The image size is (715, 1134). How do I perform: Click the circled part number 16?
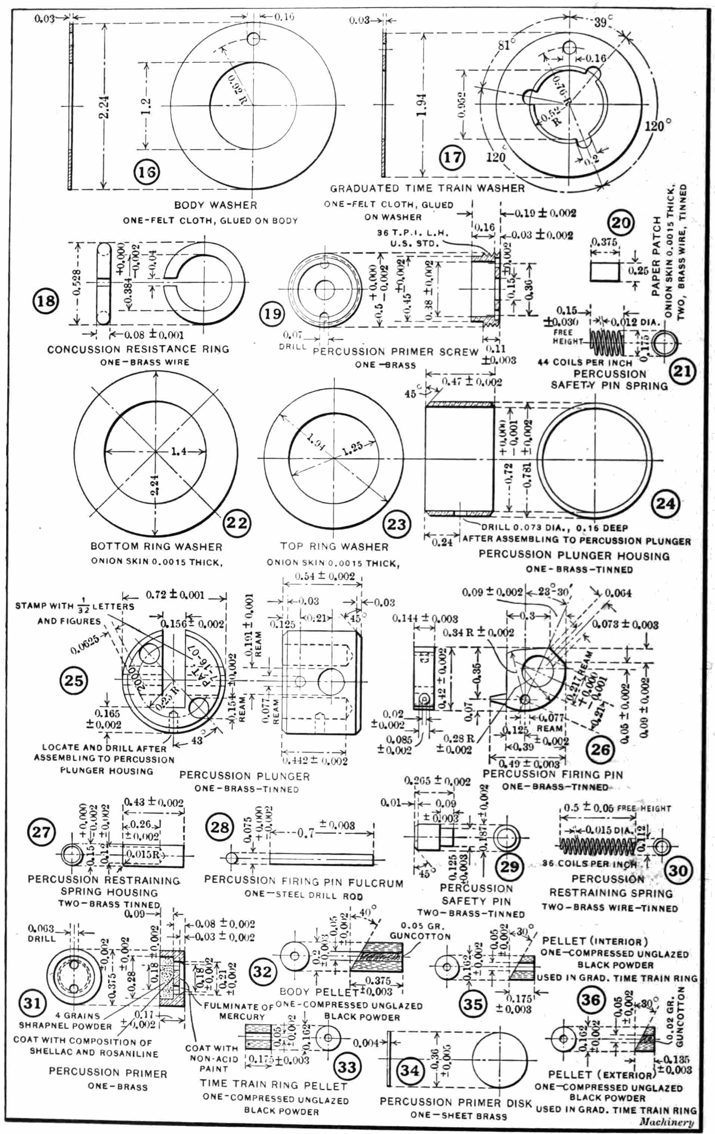point(146,172)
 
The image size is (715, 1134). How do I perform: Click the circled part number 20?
point(620,222)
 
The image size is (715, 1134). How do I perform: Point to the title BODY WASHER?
point(215,205)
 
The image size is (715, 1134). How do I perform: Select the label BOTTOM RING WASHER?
point(156,546)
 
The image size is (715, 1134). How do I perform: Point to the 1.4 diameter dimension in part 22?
point(178,452)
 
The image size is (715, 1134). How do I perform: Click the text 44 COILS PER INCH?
point(584,363)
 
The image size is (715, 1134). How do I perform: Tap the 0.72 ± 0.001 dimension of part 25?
point(175,595)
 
